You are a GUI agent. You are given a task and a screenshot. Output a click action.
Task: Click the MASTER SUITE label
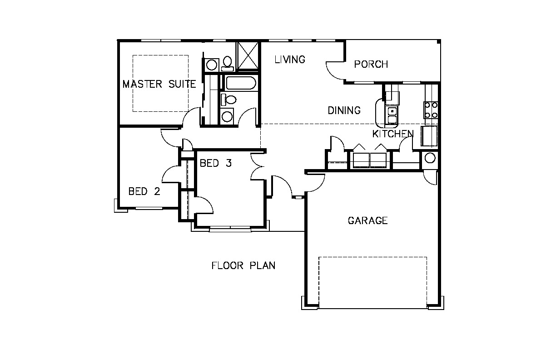tap(159, 84)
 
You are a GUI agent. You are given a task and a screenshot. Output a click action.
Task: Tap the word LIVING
tap(290, 60)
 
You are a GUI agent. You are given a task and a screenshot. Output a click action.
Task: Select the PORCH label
tap(371, 65)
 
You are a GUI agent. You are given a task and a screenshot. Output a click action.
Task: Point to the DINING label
tap(344, 110)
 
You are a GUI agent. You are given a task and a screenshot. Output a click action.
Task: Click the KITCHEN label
tap(393, 134)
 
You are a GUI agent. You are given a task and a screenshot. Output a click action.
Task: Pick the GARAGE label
tap(367, 220)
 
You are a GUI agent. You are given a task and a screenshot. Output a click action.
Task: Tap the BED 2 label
tap(144, 191)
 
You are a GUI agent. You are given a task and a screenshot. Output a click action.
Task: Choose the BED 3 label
tap(216, 163)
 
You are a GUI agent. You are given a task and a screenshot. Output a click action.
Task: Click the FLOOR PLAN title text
tap(243, 265)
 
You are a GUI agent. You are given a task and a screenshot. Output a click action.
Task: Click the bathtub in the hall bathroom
tap(240, 83)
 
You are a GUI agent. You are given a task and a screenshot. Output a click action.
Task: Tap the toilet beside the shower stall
tap(228, 64)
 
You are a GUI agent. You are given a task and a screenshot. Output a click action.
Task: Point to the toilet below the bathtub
tap(228, 100)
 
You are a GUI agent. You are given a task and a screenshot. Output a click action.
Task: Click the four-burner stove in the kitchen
tap(431, 110)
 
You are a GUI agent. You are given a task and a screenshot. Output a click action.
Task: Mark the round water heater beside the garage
tap(430, 158)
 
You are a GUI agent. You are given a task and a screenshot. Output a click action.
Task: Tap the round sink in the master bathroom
tap(212, 65)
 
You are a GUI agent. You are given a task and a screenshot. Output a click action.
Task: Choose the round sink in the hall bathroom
tap(227, 116)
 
